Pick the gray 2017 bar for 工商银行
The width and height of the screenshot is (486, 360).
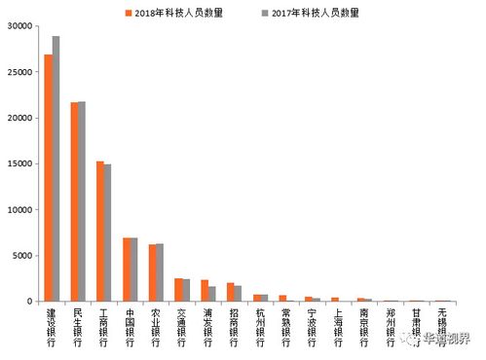click(108, 233)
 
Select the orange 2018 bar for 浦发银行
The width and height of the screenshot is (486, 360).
click(205, 291)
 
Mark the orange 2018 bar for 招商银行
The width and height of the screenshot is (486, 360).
click(231, 292)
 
